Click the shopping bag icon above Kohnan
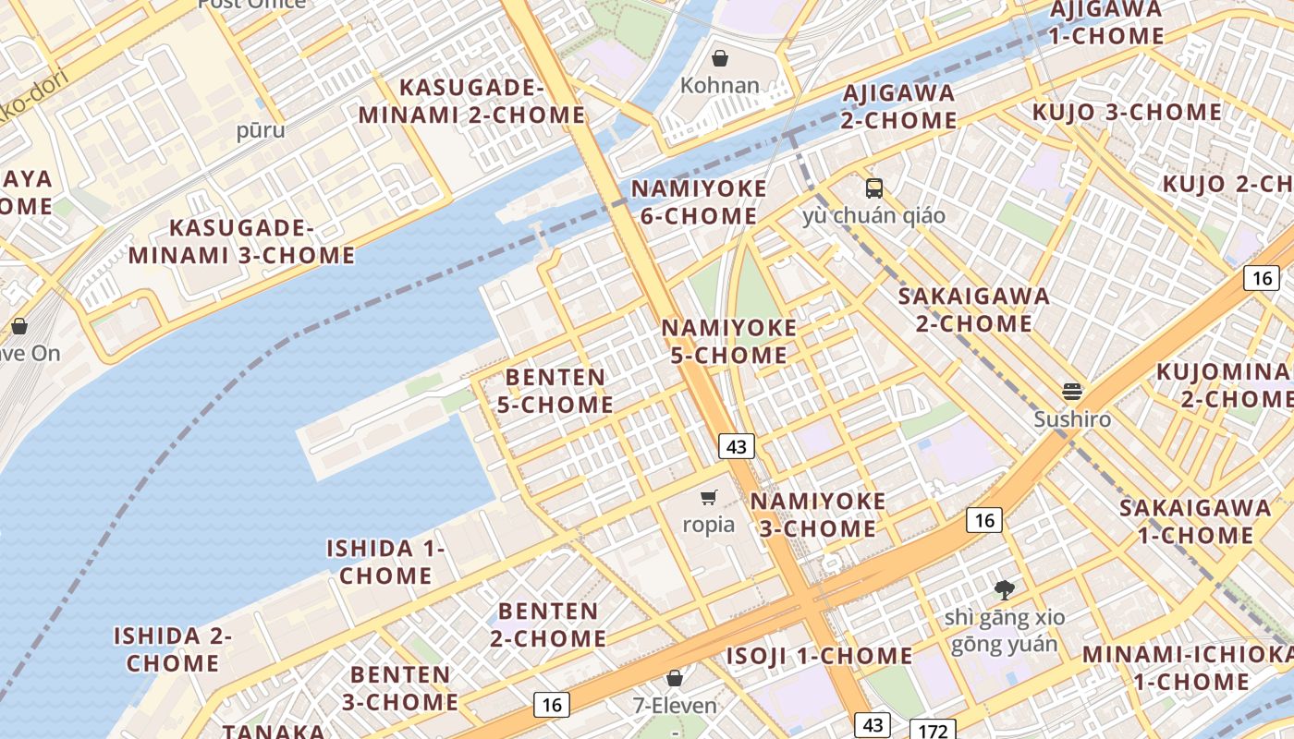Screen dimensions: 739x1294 720,59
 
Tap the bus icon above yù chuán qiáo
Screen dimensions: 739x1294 874,188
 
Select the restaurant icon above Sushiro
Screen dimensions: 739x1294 1072,392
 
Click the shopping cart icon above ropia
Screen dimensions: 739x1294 709,498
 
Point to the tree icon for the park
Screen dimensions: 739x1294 1005,589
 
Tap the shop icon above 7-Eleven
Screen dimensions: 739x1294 675,679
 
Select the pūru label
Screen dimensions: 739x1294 261,130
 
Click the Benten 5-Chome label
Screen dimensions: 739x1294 555,391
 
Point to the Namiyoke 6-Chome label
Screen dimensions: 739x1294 699,202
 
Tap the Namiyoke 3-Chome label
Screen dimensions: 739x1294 817,515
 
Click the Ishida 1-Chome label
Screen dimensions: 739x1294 385,562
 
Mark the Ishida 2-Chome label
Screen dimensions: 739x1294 173,649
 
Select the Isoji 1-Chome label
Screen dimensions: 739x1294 819,656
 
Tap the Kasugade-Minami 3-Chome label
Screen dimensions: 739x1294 242,242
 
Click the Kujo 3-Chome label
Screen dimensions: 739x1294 1127,113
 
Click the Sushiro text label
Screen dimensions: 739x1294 1072,419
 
